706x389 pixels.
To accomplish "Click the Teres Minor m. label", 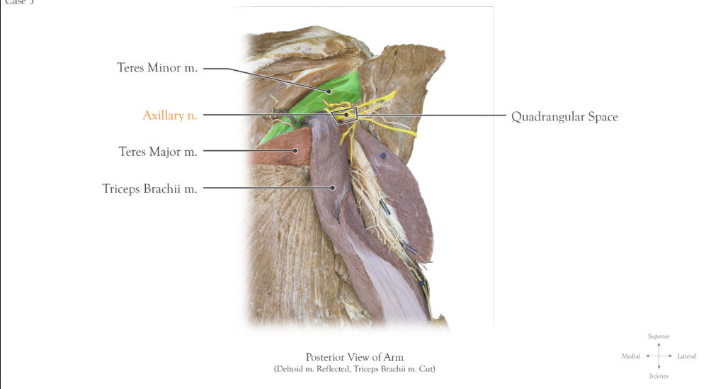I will (x=157, y=68).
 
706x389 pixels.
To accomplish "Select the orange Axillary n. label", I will (x=170, y=115).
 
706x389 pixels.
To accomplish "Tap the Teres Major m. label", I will (x=157, y=152).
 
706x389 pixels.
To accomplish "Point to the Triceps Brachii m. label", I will (x=149, y=189).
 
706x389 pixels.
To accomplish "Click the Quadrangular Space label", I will (x=564, y=117).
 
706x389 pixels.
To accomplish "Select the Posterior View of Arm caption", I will (x=354, y=357).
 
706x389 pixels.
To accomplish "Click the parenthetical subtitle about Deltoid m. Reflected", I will (x=354, y=369).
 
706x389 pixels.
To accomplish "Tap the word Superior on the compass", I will (x=659, y=336).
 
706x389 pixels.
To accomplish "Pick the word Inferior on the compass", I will (x=659, y=376).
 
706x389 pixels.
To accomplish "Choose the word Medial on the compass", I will (x=631, y=356).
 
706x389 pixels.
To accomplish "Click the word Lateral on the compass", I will (x=686, y=356).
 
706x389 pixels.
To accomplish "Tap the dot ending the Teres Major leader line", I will (x=297, y=150).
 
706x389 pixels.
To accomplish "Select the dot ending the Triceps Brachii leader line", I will (x=333, y=188).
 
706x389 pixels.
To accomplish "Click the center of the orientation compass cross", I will (x=659, y=356).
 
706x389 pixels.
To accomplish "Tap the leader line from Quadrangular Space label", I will (x=439, y=115).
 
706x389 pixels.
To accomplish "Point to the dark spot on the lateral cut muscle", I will (x=383, y=154).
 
